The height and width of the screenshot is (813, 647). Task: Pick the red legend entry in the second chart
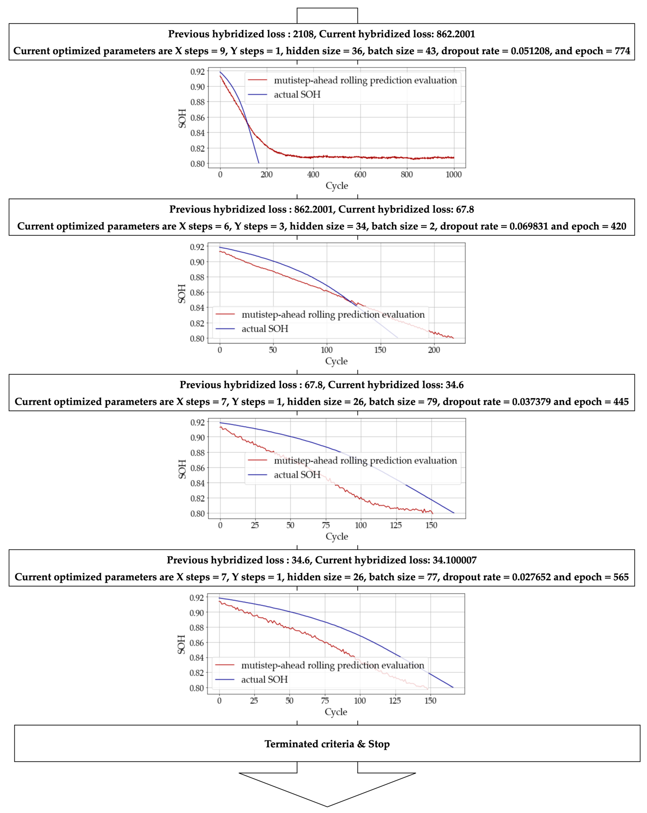coord(333,315)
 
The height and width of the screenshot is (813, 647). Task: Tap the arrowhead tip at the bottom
coord(327,806)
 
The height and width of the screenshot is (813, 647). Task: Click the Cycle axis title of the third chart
coord(337,537)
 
